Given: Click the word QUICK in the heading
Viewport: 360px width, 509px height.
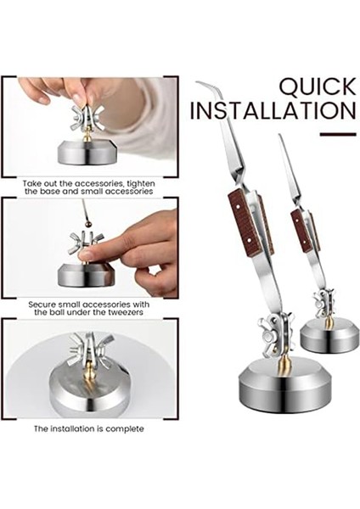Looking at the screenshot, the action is [x=318, y=87].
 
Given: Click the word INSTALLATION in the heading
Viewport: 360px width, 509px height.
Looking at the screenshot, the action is [x=273, y=110].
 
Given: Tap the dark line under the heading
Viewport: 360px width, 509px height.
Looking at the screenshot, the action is [x=338, y=134].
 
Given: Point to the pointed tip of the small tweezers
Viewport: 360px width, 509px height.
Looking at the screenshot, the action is [x=280, y=136].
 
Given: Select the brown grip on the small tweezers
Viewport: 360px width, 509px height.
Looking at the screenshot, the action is [x=301, y=229].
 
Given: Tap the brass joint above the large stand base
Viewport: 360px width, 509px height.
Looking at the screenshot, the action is [x=284, y=364].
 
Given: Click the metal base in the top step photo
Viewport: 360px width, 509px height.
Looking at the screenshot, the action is [x=86, y=153].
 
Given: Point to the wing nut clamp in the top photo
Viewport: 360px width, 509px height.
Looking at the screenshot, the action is [x=87, y=118].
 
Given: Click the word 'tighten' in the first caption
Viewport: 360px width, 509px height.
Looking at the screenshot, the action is [x=141, y=184].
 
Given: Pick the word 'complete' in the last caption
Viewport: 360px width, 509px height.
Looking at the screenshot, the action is [x=125, y=429].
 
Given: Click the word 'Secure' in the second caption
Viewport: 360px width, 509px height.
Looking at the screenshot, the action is [x=42, y=305].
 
